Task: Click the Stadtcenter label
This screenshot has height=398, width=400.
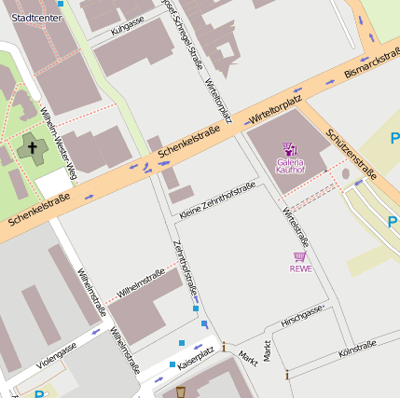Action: coord(30,18)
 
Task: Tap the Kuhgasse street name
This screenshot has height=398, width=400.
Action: coord(127,24)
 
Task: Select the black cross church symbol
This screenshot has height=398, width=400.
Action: coord(31,147)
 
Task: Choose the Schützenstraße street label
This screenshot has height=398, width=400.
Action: coord(352,152)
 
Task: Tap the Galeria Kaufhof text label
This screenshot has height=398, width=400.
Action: coord(290,166)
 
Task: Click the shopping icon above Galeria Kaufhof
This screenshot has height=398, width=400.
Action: coord(290,149)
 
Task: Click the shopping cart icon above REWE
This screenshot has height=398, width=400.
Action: coord(300,255)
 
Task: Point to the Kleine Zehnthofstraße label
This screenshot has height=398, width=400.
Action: coord(217,202)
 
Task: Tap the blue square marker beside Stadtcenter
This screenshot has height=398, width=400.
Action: coord(61,4)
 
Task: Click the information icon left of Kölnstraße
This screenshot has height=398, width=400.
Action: coord(286,375)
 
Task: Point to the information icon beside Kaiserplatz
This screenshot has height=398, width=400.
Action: coord(224,347)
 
